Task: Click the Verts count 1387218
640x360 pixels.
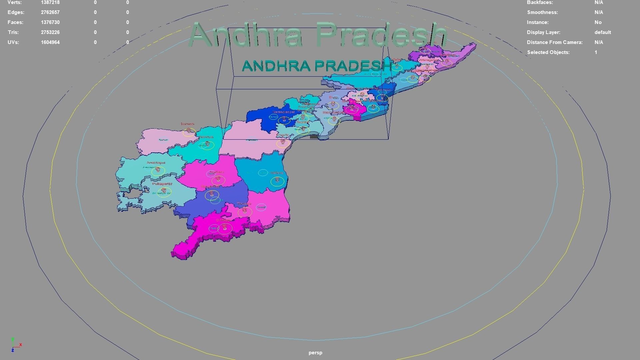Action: pyautogui.click(x=50, y=3)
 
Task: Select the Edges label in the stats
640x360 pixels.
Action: pyautogui.click(x=16, y=12)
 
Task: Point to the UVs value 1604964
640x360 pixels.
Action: pyautogui.click(x=50, y=42)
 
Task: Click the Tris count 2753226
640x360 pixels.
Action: pyautogui.click(x=50, y=32)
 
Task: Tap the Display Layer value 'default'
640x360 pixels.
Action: pyautogui.click(x=602, y=32)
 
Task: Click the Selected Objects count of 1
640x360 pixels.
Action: pyautogui.click(x=596, y=52)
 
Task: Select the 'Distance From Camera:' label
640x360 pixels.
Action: pyautogui.click(x=554, y=42)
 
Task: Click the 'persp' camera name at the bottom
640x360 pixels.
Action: pyautogui.click(x=315, y=353)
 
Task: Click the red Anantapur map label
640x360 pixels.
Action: pyautogui.click(x=156, y=163)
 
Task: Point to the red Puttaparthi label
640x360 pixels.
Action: pyautogui.click(x=162, y=184)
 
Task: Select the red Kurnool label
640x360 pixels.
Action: pyautogui.click(x=187, y=124)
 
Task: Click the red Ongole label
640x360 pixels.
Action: pyautogui.click(x=283, y=135)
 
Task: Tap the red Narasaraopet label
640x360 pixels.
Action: pyautogui.click(x=284, y=112)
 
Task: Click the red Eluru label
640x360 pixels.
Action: pyautogui.click(x=333, y=97)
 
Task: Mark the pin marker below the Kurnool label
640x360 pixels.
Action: pyautogui.click(x=189, y=130)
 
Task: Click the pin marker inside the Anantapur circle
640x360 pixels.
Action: pyautogui.click(x=158, y=170)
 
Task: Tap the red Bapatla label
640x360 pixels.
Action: pyautogui.click(x=303, y=122)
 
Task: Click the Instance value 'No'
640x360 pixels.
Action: pyautogui.click(x=598, y=22)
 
